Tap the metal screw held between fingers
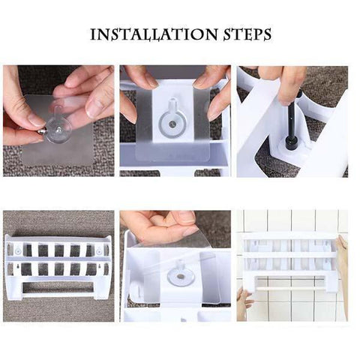tap(41, 131)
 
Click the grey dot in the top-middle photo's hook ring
tap(172, 124)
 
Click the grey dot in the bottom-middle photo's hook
tap(180, 277)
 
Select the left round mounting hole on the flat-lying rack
tap(17, 250)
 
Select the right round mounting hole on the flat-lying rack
tap(99, 250)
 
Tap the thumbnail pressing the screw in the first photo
tap(35, 121)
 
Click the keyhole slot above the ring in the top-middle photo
tap(172, 104)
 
